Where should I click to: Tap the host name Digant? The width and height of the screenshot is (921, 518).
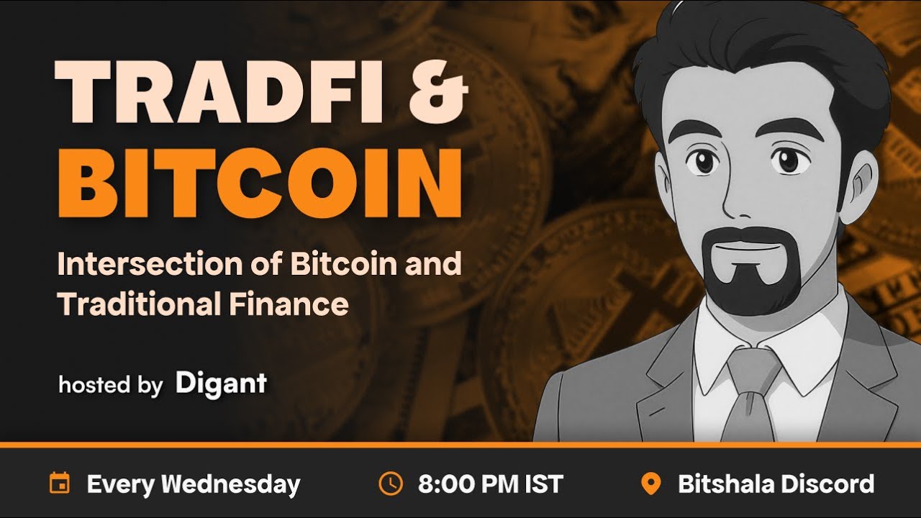click(221, 383)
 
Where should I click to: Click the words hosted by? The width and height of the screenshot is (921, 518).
click(110, 385)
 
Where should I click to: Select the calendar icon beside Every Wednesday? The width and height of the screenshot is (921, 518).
click(59, 483)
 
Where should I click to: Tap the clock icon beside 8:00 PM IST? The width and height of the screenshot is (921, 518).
click(390, 483)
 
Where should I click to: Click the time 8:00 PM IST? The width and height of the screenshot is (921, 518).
click(490, 484)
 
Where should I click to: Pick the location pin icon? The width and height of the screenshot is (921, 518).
click(650, 483)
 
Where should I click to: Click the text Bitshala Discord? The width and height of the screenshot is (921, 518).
click(776, 484)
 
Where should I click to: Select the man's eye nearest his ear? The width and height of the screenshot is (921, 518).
click(790, 160)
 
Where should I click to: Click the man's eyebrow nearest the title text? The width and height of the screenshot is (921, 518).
click(697, 133)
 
